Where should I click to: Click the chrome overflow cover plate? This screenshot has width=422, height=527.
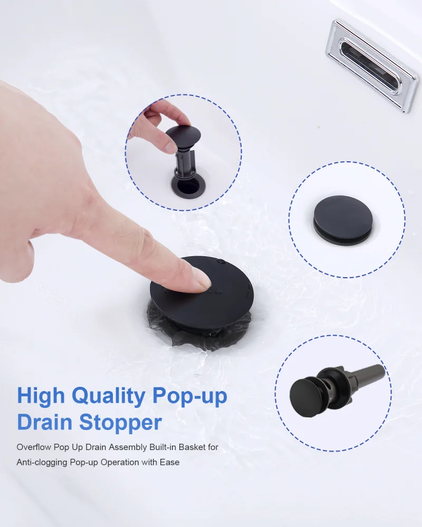tap(372, 65)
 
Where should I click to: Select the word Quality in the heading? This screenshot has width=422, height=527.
tap(109, 397)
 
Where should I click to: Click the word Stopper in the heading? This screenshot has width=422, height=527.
tap(120, 422)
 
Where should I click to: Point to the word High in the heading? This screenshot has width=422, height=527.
tap(41, 396)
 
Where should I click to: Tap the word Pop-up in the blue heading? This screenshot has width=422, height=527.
tap(190, 397)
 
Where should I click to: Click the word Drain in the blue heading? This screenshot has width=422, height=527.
tap(45, 422)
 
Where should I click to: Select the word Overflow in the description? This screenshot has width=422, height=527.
tap(34, 447)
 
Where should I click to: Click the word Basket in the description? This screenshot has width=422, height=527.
tap(192, 447)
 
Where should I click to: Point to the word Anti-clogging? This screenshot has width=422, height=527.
tap(42, 463)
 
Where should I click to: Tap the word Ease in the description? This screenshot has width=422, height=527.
tap(170, 463)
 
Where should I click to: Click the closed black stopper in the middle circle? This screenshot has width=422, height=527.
tap(343, 220)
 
